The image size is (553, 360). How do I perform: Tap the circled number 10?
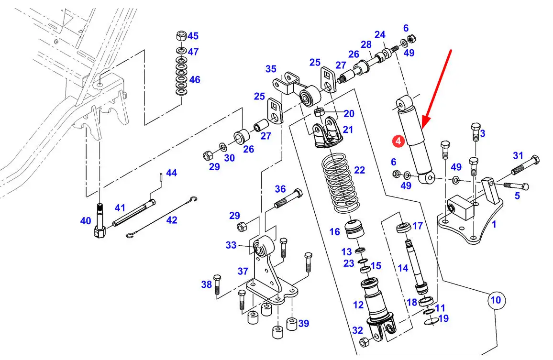pos(496,301)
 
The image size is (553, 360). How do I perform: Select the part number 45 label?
pos(193,36)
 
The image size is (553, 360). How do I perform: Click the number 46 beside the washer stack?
pos(194,79)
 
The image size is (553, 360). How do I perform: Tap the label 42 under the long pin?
pos(171,220)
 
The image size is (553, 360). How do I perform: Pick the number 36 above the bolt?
pos(280,189)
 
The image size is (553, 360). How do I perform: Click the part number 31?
pos(519,155)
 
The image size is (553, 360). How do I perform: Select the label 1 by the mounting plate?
pos(494,224)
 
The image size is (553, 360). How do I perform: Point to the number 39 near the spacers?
pos(304,324)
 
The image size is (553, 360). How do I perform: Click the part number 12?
pos(358,305)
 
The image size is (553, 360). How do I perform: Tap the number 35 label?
pos(271,69)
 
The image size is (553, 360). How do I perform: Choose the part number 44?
pos(171,173)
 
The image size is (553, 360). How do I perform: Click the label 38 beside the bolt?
pos(206,285)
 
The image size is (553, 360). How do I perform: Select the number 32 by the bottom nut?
pos(358,330)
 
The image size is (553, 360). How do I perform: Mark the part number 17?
pos(418,225)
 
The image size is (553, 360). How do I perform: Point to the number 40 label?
pos(86,220)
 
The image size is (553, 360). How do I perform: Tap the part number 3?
pos(483,133)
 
